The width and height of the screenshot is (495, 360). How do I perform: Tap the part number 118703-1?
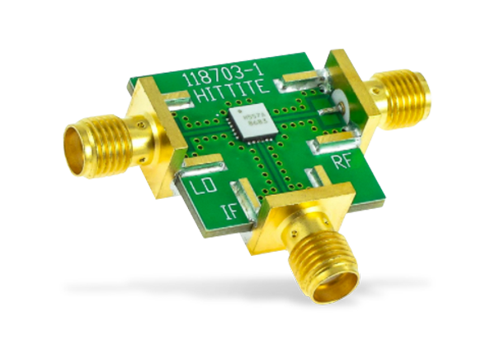[x=219, y=76]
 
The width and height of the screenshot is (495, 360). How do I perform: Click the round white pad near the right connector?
[x=337, y=112]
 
